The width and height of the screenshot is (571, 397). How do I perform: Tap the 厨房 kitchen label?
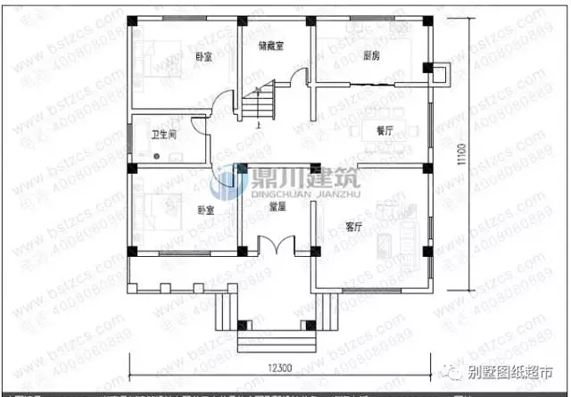373,54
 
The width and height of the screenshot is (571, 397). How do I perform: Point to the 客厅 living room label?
353,226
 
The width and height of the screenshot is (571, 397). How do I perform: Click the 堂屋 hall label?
277,206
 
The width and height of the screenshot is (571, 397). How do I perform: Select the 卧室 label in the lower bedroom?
205,211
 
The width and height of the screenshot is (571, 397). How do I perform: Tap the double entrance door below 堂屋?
277,243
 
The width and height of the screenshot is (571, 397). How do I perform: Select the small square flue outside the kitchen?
439,71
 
